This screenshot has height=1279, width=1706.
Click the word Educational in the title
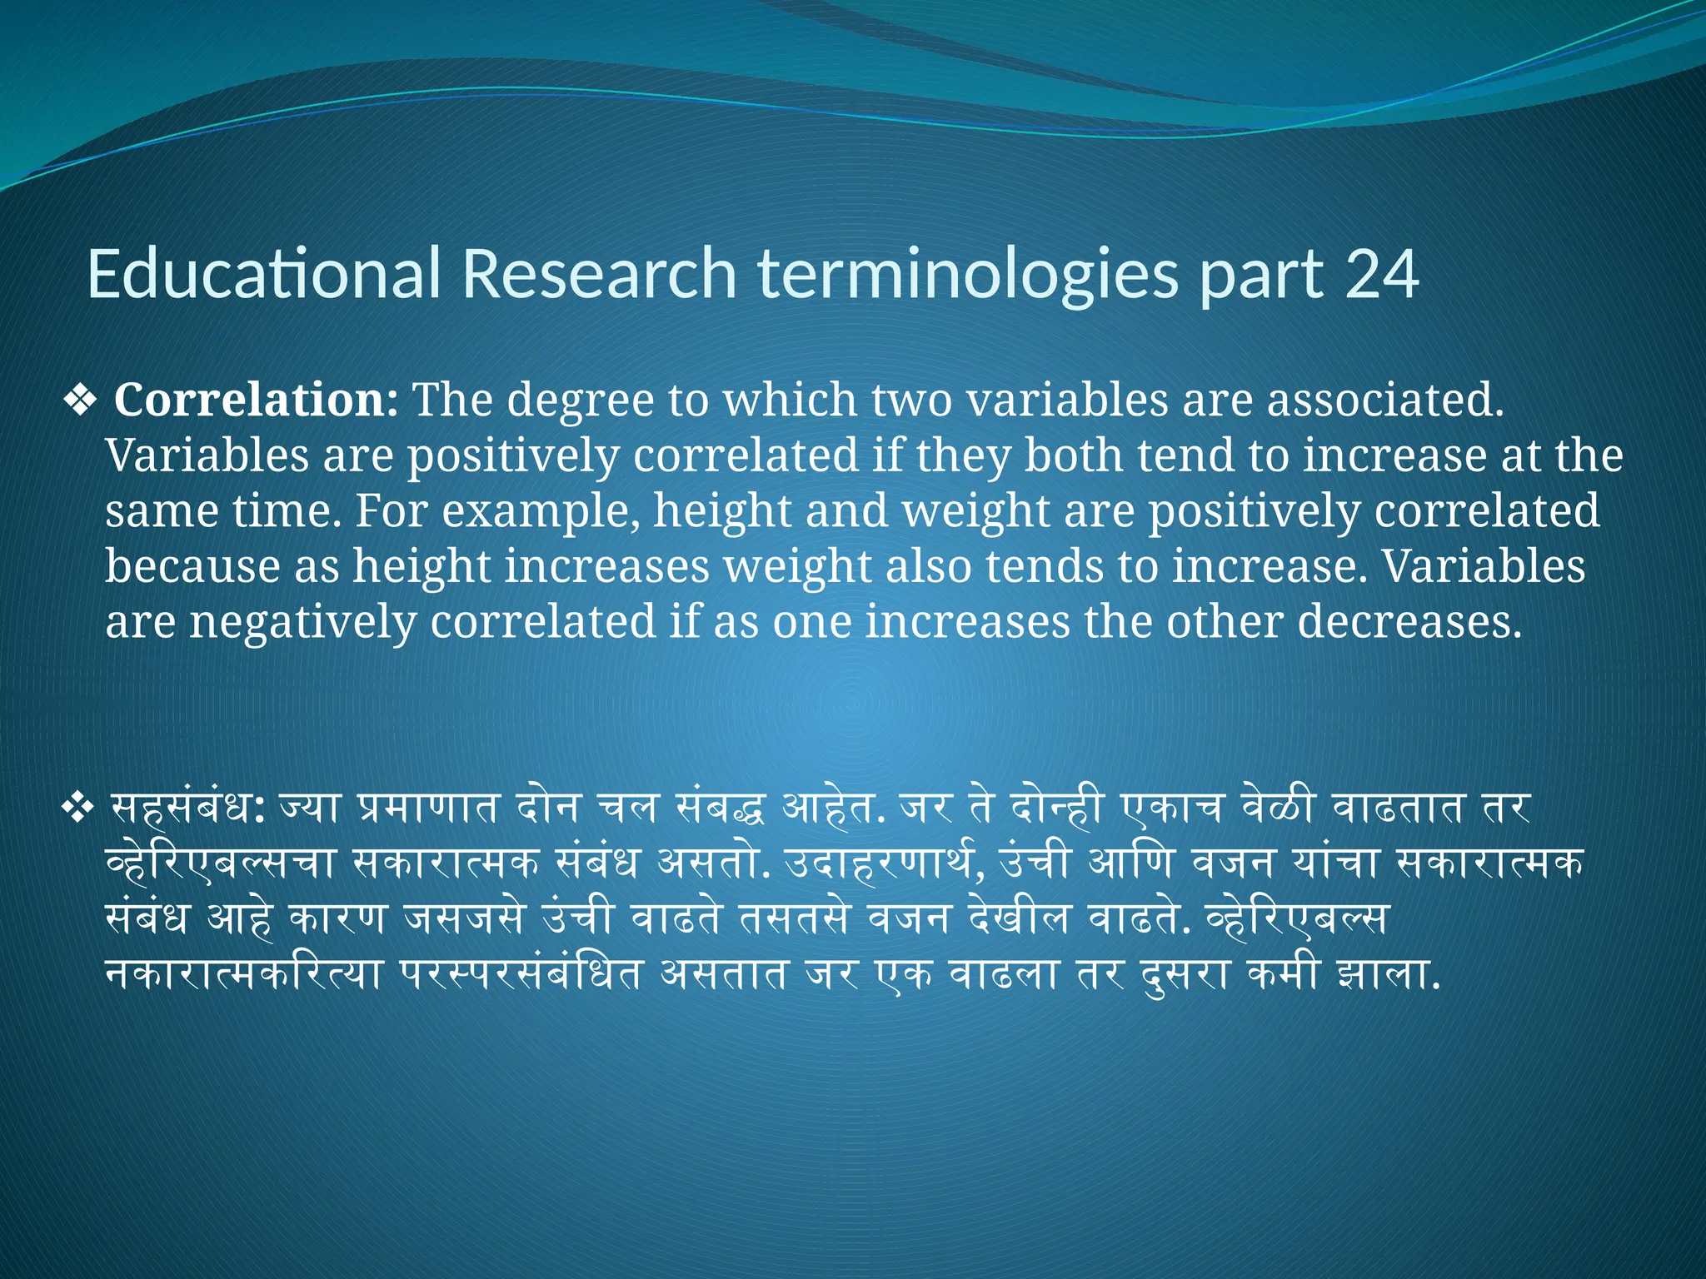[263, 274]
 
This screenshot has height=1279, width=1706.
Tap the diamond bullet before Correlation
[81, 401]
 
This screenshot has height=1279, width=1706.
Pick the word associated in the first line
[1385, 400]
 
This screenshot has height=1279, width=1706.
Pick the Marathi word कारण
[337, 918]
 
